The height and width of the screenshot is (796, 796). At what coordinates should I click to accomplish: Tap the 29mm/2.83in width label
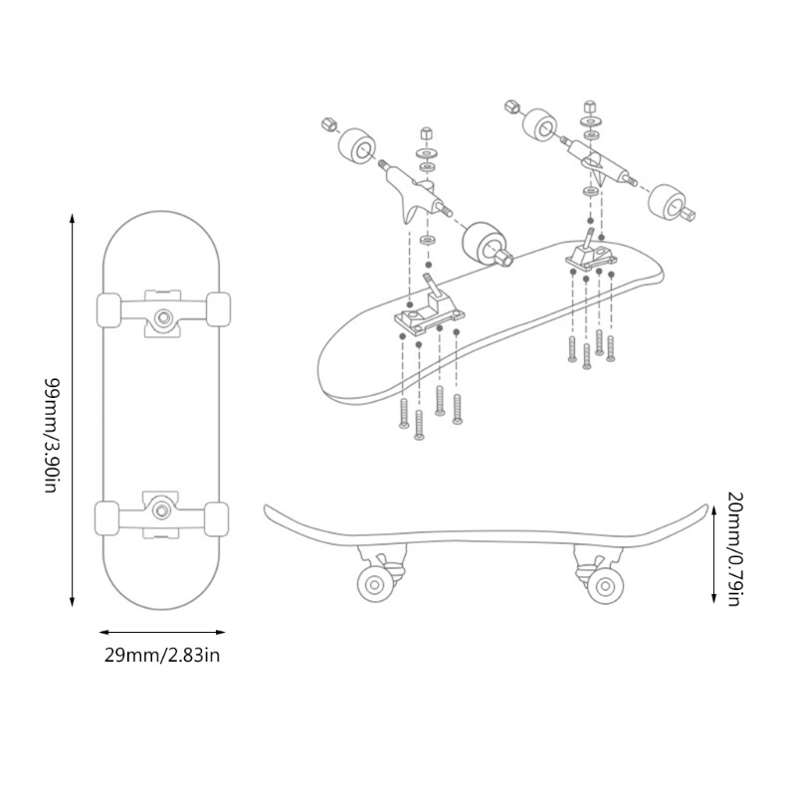(x=162, y=654)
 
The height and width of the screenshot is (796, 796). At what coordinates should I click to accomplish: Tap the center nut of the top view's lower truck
(x=162, y=508)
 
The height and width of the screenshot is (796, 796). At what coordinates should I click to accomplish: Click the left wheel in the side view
(x=374, y=585)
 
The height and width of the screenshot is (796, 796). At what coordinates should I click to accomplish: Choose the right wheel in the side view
(x=603, y=585)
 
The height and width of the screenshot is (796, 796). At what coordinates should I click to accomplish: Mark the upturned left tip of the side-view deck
(x=268, y=511)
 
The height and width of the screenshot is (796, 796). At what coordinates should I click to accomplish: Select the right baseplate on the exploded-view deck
(x=592, y=256)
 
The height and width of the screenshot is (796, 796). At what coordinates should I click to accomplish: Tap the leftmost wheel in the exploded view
(x=357, y=148)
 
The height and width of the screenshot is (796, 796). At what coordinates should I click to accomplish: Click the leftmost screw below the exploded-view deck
(x=404, y=412)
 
